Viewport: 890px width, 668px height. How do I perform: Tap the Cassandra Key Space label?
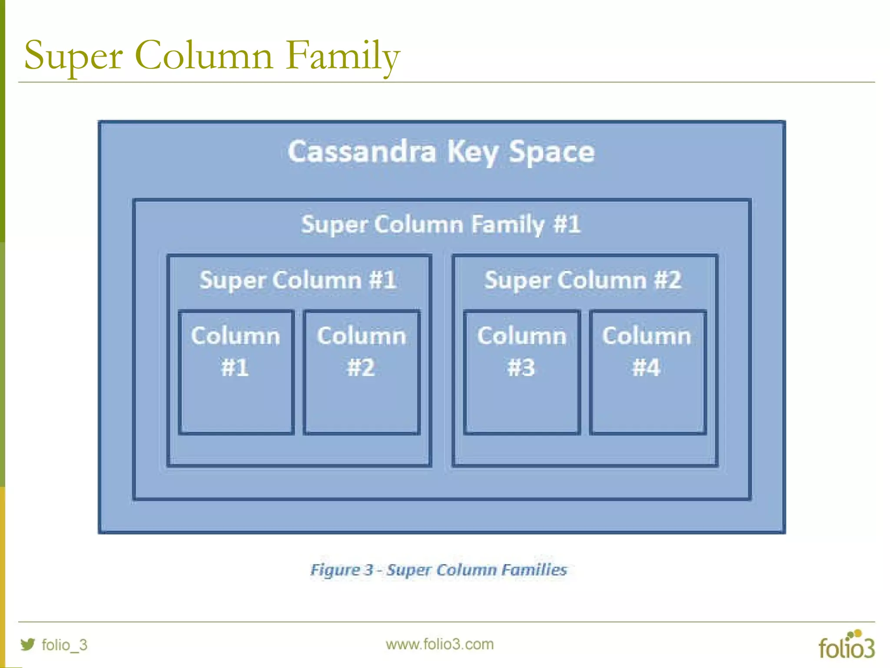click(x=441, y=152)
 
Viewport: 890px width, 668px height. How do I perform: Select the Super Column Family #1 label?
click(x=441, y=224)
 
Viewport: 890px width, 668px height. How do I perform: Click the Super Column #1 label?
click(x=298, y=280)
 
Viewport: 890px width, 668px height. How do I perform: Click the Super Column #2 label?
click(x=583, y=280)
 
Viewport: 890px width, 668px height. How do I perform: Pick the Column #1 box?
click(x=236, y=372)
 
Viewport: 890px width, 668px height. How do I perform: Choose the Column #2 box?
click(x=362, y=372)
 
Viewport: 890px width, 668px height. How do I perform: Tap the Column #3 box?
click(x=521, y=372)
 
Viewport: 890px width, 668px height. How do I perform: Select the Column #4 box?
click(x=648, y=372)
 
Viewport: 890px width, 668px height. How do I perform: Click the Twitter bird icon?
click(x=28, y=644)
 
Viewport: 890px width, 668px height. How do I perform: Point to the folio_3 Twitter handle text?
click(x=64, y=645)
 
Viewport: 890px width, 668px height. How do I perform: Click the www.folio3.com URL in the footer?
click(x=440, y=644)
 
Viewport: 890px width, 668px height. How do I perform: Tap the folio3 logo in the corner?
click(x=847, y=645)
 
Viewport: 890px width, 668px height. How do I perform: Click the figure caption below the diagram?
click(x=439, y=570)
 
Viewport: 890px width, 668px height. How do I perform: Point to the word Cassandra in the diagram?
click(x=362, y=152)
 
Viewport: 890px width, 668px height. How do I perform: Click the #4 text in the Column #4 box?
click(x=646, y=367)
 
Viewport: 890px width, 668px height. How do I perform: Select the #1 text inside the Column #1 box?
click(x=235, y=367)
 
